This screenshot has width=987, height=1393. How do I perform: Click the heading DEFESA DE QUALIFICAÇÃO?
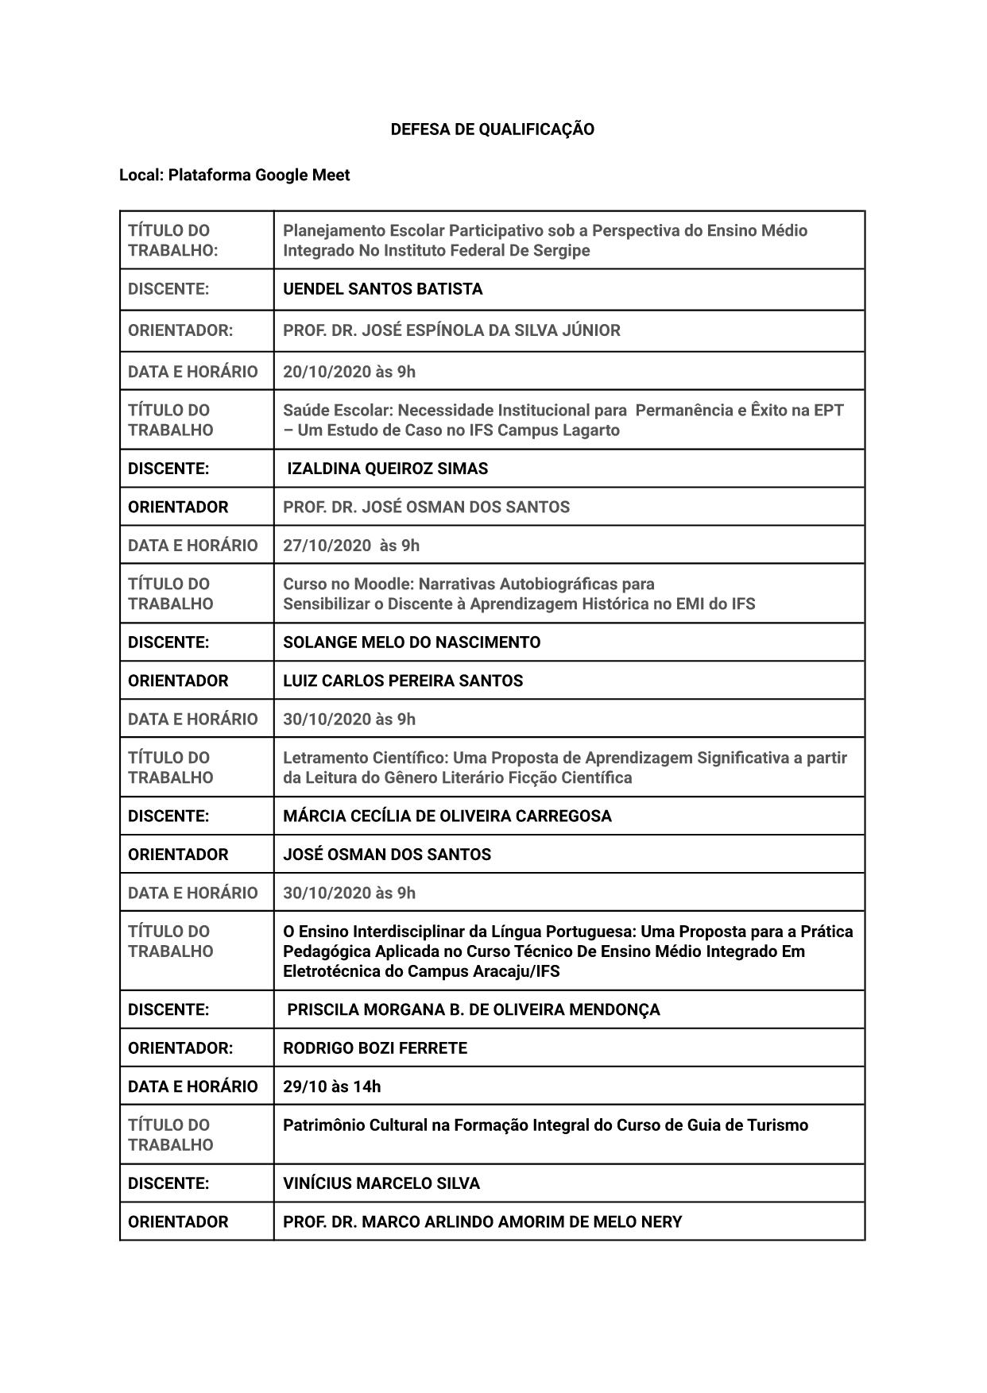pyautogui.click(x=492, y=129)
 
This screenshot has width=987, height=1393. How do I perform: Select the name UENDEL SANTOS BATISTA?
pyautogui.click(x=382, y=289)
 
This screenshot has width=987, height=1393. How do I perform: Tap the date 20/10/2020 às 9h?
pyautogui.click(x=349, y=372)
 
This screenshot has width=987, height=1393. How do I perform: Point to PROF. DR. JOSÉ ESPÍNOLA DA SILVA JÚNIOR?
pyautogui.click(x=451, y=330)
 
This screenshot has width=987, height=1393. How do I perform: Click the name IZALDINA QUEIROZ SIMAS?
pyautogui.click(x=387, y=469)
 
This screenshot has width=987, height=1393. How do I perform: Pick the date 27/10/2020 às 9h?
pyautogui.click(x=351, y=546)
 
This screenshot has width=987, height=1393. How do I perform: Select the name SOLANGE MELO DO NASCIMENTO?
pyautogui.click(x=412, y=642)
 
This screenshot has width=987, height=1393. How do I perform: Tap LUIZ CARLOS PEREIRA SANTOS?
pyautogui.click(x=403, y=681)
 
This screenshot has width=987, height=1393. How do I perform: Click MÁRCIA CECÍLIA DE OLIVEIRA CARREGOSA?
pyautogui.click(x=447, y=816)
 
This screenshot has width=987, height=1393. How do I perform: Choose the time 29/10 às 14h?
pyautogui.click(x=331, y=1086)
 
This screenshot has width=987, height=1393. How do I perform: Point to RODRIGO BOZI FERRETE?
pyautogui.click(x=375, y=1048)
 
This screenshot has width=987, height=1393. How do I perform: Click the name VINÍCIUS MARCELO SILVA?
pyautogui.click(x=381, y=1183)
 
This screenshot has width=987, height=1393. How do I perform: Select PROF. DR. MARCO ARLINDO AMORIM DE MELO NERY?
pyautogui.click(x=482, y=1221)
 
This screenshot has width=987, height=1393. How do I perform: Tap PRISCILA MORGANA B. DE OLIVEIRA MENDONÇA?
pyautogui.click(x=473, y=1009)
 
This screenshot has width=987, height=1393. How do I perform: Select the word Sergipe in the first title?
pyautogui.click(x=560, y=251)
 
